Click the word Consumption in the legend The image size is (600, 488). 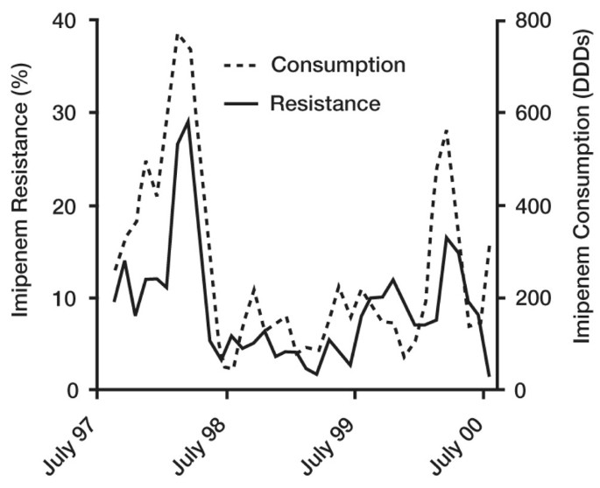(x=337, y=65)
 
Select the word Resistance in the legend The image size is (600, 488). (x=325, y=103)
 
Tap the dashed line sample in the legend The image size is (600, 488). (x=241, y=66)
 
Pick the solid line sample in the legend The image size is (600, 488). (x=241, y=104)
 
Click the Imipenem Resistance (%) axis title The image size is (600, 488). (x=18, y=206)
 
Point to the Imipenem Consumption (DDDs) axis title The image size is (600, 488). (x=582, y=206)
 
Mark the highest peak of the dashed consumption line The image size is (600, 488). (x=177, y=34)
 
